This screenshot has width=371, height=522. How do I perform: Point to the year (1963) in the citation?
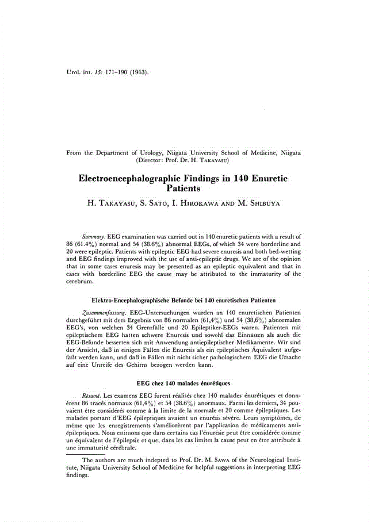pyautogui.click(x=136, y=73)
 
